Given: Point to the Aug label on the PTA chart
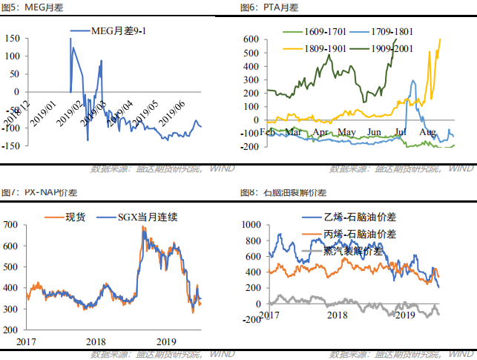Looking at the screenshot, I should tap(427, 132).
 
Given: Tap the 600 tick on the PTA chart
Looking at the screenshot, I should tap(250, 39).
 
